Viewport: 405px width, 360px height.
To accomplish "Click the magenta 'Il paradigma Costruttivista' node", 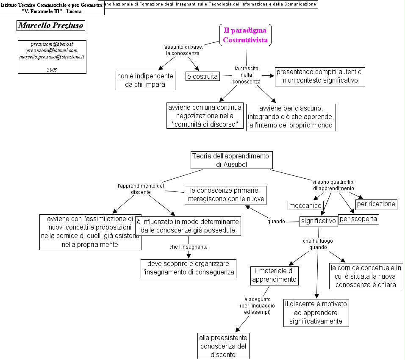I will [x=245, y=35].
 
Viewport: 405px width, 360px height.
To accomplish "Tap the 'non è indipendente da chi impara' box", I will [x=145, y=80].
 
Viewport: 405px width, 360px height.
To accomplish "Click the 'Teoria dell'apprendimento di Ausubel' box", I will [x=231, y=160].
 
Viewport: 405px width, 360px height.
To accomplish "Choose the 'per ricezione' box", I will [x=376, y=204].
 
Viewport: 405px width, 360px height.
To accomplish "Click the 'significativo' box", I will [x=319, y=221].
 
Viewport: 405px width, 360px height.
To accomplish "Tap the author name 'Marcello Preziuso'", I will [x=50, y=25].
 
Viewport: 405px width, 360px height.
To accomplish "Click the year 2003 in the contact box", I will [x=52, y=69].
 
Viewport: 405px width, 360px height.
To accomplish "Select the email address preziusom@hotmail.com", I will [x=52, y=50].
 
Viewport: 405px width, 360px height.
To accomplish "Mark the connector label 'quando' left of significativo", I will [x=276, y=222].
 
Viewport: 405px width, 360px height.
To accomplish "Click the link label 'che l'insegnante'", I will [x=188, y=246].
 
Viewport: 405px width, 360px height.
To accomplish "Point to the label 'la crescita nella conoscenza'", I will [x=247, y=75].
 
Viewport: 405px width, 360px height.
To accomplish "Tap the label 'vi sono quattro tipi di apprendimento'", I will [x=333, y=185].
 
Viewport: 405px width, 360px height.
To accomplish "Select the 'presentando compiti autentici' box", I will [x=320, y=76].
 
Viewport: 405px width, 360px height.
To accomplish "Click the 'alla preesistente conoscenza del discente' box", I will [x=223, y=346].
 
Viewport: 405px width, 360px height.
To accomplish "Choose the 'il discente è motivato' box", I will [x=316, y=313].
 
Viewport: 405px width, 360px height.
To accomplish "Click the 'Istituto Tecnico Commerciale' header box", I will [x=52, y=8].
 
